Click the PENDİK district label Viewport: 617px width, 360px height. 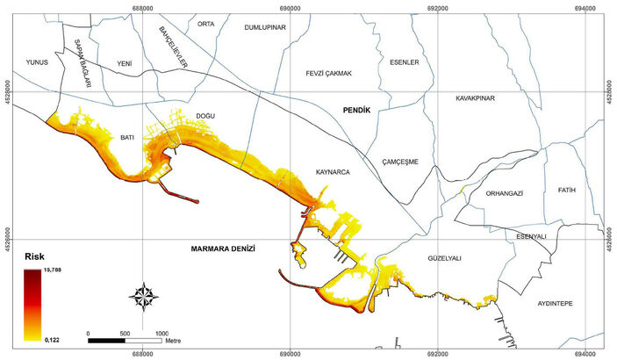coord(357,111)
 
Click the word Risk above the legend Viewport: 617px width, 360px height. coord(34,256)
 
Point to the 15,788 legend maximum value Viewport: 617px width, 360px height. coord(52,270)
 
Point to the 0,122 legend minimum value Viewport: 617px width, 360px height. coord(51,338)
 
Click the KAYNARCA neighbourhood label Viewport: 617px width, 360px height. coord(333,173)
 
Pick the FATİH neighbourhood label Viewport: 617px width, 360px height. coord(565,190)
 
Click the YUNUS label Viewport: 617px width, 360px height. coord(36,62)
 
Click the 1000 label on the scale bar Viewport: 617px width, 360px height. coord(161,334)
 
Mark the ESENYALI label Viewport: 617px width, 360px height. coord(532,236)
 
